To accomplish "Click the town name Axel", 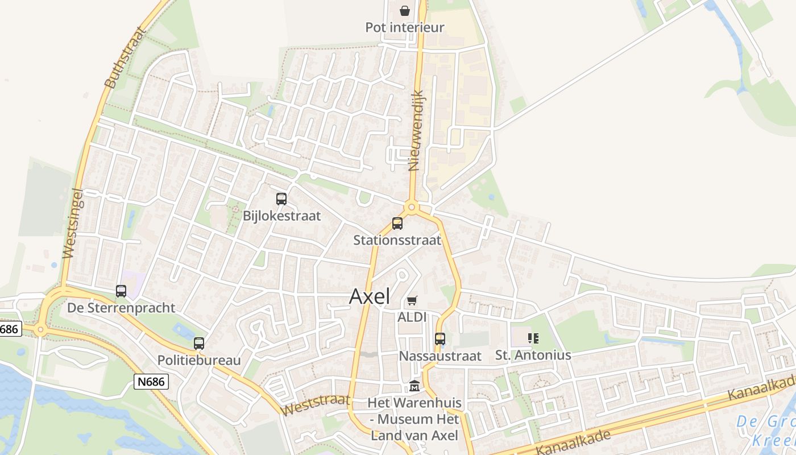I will [x=370, y=296].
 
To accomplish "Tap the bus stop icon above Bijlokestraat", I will [x=281, y=199].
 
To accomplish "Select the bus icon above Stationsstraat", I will [x=397, y=224].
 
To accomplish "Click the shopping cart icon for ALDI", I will [x=412, y=300].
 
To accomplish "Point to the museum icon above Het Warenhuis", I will [x=414, y=386].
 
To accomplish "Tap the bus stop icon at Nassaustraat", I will [x=440, y=339].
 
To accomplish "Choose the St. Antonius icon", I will [x=533, y=339].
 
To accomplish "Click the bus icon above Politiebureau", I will [x=198, y=344].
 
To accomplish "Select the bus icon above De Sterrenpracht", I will [x=121, y=291].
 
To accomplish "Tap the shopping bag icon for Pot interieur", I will [x=405, y=10].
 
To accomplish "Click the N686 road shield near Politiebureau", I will [x=152, y=381].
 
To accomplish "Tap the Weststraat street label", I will [x=315, y=404].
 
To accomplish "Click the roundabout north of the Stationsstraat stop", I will [x=412, y=207].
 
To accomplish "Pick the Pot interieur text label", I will [x=405, y=27].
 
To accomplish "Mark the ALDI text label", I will [x=412, y=317].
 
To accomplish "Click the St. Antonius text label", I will [x=533, y=355].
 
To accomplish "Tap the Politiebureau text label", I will [x=199, y=360].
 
